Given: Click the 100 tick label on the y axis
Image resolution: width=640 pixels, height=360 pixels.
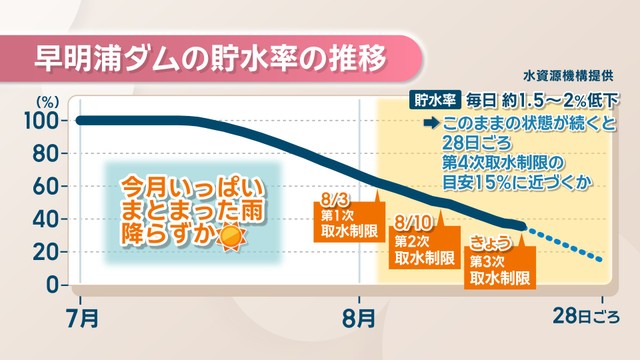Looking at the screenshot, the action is coord(41,121).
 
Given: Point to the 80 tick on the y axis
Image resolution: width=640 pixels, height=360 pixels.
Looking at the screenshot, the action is coord(45,154).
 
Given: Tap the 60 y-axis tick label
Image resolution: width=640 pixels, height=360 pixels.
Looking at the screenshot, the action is coord(45,187).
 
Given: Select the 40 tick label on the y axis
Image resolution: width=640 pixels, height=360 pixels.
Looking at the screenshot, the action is coord(45,220).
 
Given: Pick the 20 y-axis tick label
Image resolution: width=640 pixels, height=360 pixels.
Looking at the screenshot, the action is coord(45,252).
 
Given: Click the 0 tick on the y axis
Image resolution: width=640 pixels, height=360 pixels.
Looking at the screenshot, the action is coord(52,285).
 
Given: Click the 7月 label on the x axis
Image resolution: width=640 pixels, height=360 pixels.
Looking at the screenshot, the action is coord(82,318).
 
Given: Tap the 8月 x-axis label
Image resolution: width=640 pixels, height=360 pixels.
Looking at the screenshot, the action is coord(359,318).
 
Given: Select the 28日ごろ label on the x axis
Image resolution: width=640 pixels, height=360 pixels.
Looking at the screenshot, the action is coord(586,316).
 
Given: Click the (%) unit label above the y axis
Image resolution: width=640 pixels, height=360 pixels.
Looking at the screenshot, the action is coord(48,102).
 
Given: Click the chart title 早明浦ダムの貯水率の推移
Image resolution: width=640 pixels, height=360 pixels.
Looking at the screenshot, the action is coord(210,58).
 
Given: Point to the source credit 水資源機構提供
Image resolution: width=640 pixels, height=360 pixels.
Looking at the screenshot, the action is coord(568,76).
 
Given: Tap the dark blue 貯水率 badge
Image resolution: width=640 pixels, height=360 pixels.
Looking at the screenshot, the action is coord(435,100).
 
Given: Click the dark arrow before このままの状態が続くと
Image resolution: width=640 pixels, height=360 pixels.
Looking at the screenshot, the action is coord(431,123).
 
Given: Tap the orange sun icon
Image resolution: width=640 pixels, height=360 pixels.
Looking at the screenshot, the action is coord(231,236).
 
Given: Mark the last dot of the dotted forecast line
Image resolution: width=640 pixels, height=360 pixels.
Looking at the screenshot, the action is coord(599,260).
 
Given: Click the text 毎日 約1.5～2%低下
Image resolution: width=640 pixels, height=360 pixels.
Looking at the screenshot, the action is coord(543,100).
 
